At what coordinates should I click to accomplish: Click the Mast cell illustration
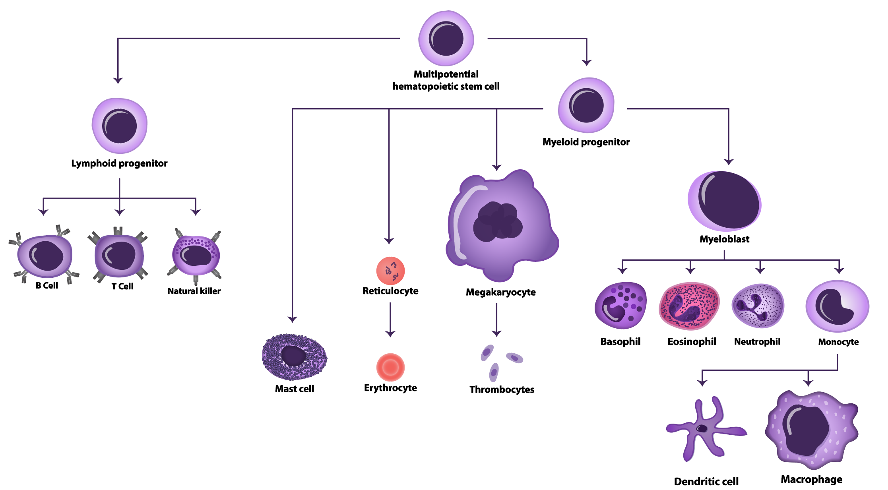[294, 356]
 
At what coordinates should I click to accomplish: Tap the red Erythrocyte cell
[390, 367]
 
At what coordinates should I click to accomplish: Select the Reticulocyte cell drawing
[390, 271]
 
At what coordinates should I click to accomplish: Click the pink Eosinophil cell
[689, 306]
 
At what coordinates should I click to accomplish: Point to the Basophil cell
[620, 305]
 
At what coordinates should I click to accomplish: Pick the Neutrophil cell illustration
[758, 306]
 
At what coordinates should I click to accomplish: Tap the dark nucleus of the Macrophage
[805, 431]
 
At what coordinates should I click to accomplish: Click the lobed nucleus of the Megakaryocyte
[498, 222]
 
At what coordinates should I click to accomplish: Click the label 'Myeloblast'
[724, 239]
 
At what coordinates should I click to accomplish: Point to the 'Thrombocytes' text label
[502, 389]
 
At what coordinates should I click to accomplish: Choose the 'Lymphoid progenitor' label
[119, 163]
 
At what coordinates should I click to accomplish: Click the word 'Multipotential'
[446, 74]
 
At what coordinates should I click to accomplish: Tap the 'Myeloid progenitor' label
[586, 142]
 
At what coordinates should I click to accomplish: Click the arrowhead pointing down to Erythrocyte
[390, 334]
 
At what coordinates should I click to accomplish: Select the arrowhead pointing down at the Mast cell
[293, 319]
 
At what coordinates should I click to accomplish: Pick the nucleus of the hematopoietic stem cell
[446, 39]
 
